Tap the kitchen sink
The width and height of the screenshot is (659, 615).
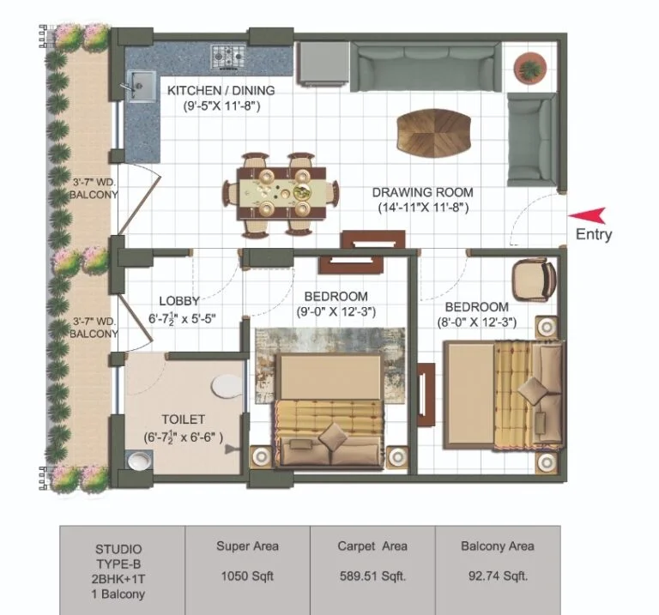(142, 85)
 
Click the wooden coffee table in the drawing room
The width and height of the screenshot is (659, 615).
(433, 132)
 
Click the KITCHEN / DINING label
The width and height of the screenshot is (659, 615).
(221, 90)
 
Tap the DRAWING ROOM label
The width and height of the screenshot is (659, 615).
(423, 192)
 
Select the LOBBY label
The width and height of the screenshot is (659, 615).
(179, 301)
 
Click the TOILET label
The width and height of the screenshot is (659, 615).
(184, 419)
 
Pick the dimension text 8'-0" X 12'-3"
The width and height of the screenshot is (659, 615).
(477, 323)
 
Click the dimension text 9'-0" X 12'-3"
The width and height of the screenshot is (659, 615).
(336, 311)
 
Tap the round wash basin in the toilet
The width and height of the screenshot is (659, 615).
(140, 461)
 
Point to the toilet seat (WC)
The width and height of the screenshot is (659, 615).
(227, 386)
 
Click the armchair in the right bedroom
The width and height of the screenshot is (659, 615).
(534, 280)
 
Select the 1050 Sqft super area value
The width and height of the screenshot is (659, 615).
(247, 576)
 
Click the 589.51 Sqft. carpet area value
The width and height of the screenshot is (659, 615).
(372, 576)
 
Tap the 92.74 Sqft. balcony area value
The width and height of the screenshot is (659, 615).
(498, 576)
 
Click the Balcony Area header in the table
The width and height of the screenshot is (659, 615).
(498, 546)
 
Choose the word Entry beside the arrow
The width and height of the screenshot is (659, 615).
(594, 234)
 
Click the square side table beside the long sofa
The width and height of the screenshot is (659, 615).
(323, 63)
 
